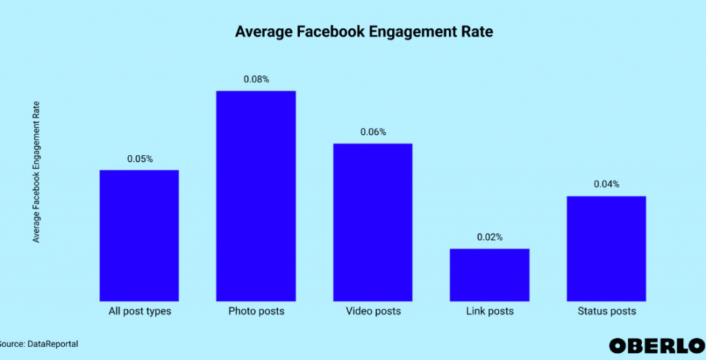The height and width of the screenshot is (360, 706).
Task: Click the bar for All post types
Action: point(139,234)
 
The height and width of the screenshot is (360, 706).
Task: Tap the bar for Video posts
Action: point(373,221)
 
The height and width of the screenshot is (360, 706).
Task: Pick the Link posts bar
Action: point(490,274)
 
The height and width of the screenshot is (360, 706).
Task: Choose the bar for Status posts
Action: point(607,248)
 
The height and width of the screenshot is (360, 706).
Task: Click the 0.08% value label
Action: point(256,79)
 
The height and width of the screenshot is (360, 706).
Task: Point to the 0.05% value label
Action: point(139,159)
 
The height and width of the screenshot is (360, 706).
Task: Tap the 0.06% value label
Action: point(373,132)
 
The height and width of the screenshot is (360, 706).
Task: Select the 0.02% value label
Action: point(490,237)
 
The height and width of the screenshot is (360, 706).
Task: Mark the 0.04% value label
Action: point(607,184)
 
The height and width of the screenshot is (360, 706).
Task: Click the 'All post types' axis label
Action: point(139,311)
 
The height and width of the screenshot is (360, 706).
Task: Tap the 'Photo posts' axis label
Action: point(256,311)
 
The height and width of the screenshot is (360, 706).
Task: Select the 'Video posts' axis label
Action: point(373,311)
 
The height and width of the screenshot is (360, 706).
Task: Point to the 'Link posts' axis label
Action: point(490,311)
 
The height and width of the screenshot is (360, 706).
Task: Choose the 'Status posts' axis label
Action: point(607,311)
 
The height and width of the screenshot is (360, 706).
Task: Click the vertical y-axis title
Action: point(37,172)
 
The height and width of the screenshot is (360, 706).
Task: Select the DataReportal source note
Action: point(34,343)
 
